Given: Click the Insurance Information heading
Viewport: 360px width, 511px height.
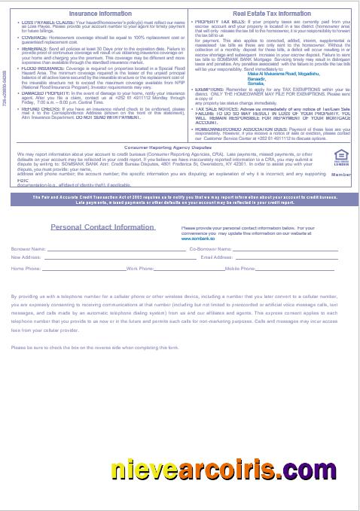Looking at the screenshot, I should click(100, 14).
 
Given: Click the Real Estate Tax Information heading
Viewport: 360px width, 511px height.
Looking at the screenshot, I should click(271, 14).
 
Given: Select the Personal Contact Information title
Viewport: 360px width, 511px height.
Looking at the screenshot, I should click(102, 227).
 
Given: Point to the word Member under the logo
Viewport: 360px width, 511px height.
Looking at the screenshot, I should click(341, 174).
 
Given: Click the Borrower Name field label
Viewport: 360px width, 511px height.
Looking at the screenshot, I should click(29, 248).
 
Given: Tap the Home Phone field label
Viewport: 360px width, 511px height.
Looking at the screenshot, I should click(26, 268).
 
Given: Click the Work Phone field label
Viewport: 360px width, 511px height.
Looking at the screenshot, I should click(140, 268).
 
